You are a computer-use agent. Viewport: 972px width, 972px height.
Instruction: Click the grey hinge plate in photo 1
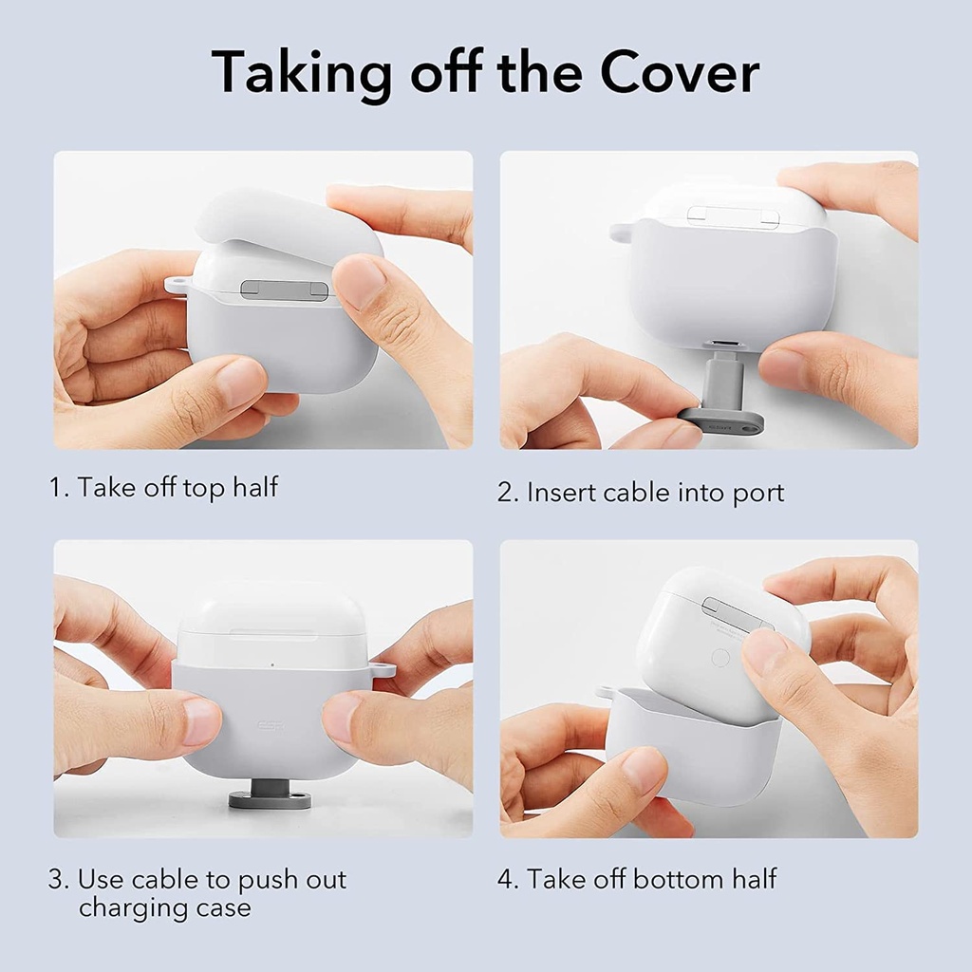tap(284, 290)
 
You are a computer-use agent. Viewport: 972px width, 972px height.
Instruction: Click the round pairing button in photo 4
tap(720, 657)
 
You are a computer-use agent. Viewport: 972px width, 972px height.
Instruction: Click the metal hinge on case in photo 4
tap(737, 614)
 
